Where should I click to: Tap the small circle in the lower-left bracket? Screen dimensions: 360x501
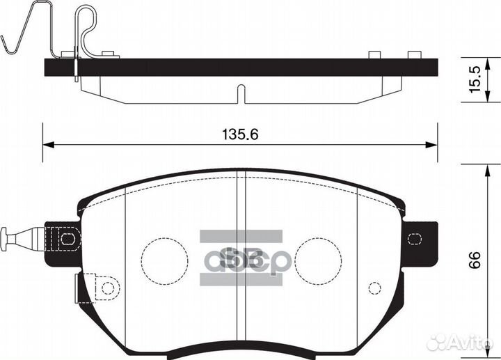click(106, 287)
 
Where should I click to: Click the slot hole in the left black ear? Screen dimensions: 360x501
click(67, 239)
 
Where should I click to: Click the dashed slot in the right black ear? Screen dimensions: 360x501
click(415, 239)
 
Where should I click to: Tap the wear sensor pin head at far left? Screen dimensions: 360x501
click(6, 239)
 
